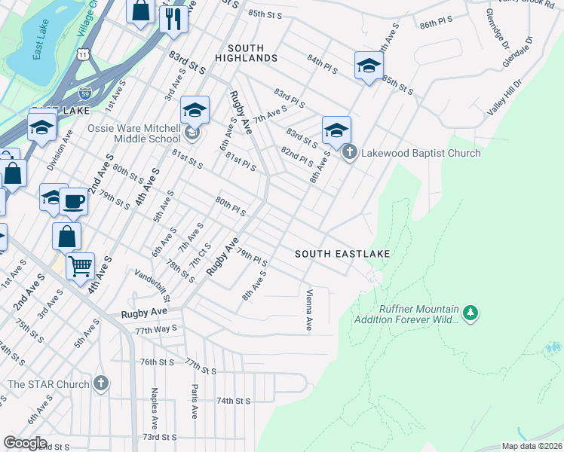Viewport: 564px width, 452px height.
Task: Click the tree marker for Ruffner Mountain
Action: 471,312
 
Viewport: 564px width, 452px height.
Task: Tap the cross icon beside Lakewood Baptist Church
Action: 349,154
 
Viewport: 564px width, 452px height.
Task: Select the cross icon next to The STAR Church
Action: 101,384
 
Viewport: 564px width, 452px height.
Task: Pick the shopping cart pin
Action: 80,266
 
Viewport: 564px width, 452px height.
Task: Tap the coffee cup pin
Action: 74,201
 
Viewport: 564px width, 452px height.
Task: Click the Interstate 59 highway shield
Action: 85,93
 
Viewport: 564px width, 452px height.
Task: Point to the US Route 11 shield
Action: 81,53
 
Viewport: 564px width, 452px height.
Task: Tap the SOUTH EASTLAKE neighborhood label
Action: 342,254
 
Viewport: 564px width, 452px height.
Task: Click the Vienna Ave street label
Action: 309,310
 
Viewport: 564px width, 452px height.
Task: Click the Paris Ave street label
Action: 194,402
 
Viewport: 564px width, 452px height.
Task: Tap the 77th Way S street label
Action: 156,328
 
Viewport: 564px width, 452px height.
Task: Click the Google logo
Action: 25,443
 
